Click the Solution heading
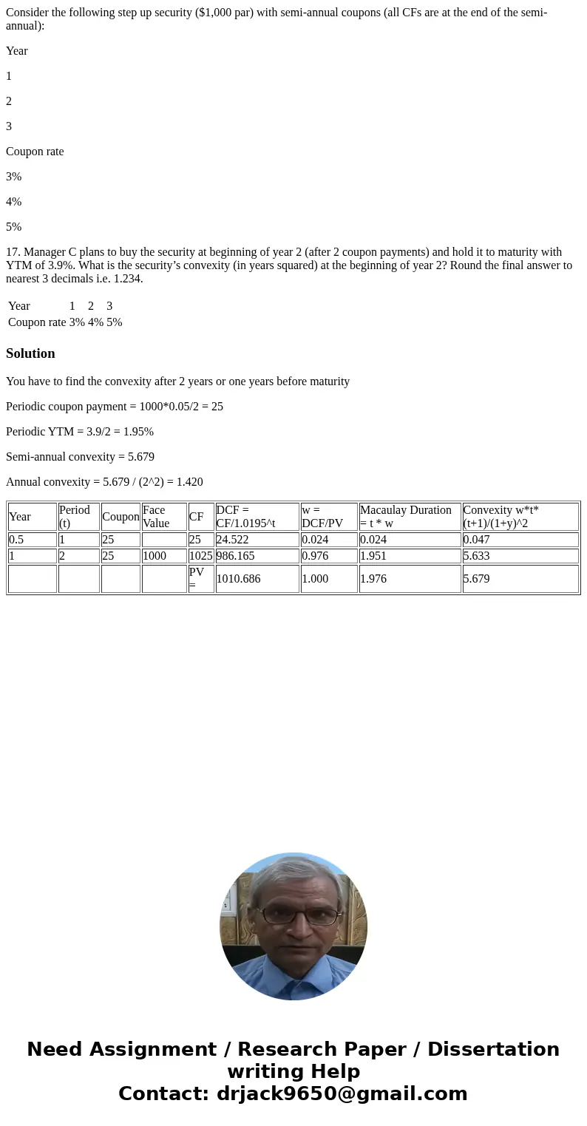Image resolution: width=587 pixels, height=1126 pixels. coord(30,353)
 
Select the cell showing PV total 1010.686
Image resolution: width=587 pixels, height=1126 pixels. coord(239,579)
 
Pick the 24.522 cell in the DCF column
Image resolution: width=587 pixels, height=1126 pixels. coord(233,540)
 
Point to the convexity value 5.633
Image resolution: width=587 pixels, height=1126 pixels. coord(477,556)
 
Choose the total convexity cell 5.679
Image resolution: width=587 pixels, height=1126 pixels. coord(477,579)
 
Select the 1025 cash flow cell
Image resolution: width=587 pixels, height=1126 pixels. coord(201,556)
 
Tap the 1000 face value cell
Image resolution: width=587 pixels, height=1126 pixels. coord(155,556)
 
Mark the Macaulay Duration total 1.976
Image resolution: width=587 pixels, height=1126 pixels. coord(373,579)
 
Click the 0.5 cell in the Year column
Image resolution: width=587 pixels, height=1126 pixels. coord(16,540)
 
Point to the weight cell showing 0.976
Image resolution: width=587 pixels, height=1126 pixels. coord(315,556)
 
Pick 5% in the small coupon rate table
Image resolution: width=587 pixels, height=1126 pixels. coord(114,322)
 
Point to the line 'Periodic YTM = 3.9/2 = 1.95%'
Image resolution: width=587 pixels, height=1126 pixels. coord(80,432)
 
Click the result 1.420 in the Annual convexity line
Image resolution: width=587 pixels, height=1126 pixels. coord(189,482)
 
